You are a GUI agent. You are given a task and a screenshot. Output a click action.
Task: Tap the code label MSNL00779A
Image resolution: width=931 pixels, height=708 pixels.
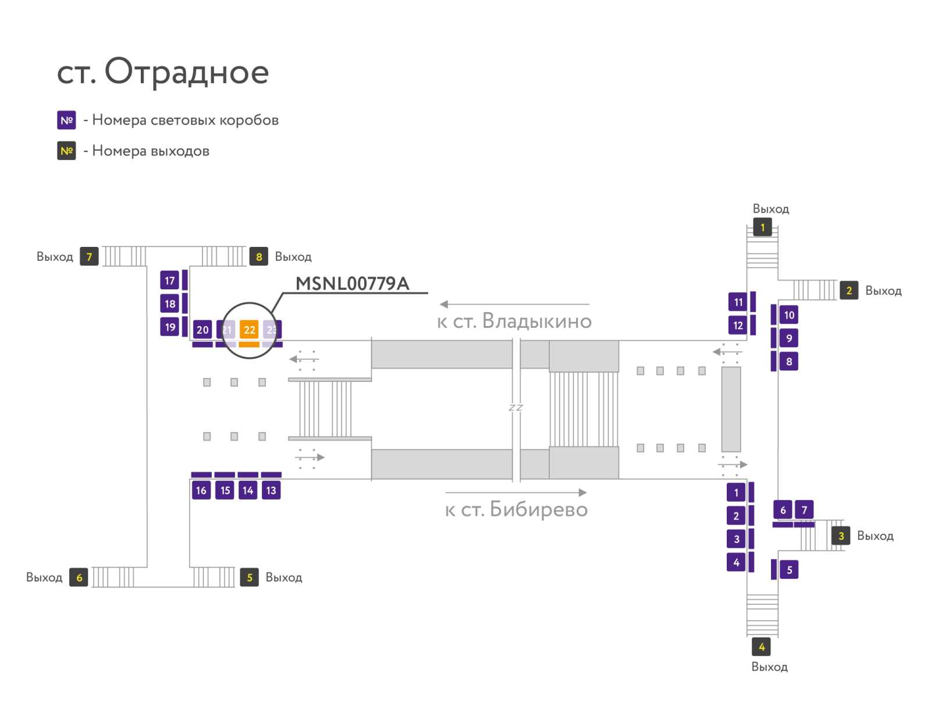click(352, 284)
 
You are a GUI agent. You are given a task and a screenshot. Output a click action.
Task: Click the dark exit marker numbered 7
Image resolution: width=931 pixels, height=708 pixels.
click(89, 257)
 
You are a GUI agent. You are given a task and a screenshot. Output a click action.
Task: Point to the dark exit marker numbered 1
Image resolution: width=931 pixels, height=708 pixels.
click(762, 228)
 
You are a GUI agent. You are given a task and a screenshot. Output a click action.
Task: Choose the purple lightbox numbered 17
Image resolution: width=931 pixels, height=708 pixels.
click(170, 281)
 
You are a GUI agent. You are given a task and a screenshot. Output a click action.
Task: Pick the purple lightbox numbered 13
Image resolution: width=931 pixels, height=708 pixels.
click(271, 490)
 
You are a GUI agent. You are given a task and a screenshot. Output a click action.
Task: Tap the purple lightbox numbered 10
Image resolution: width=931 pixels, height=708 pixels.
click(788, 315)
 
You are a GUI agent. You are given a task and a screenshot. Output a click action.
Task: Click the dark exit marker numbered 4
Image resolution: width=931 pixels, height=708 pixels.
click(761, 647)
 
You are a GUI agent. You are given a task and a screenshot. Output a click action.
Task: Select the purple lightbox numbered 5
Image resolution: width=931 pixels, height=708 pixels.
click(789, 569)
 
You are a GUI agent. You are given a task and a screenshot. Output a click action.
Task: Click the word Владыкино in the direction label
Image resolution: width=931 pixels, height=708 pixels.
click(537, 321)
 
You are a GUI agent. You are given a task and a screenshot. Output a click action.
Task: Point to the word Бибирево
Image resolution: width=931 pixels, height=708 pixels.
click(539, 509)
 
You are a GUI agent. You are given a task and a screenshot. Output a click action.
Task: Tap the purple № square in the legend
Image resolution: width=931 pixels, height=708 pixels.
click(66, 120)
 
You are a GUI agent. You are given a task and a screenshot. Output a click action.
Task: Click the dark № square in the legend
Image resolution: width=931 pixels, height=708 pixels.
click(66, 151)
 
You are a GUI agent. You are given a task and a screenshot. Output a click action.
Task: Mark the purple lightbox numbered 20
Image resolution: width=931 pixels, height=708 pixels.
click(202, 330)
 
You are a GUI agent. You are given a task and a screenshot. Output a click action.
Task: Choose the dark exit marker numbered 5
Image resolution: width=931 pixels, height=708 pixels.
click(250, 578)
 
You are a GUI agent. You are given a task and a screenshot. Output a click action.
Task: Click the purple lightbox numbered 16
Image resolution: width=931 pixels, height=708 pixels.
click(201, 490)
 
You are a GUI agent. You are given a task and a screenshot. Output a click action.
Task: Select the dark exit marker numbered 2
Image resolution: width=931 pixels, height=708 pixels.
click(849, 291)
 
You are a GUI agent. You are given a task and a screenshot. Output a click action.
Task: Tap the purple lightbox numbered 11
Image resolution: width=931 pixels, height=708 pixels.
click(738, 302)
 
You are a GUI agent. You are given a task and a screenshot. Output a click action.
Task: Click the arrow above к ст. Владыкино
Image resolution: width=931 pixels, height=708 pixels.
click(514, 304)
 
